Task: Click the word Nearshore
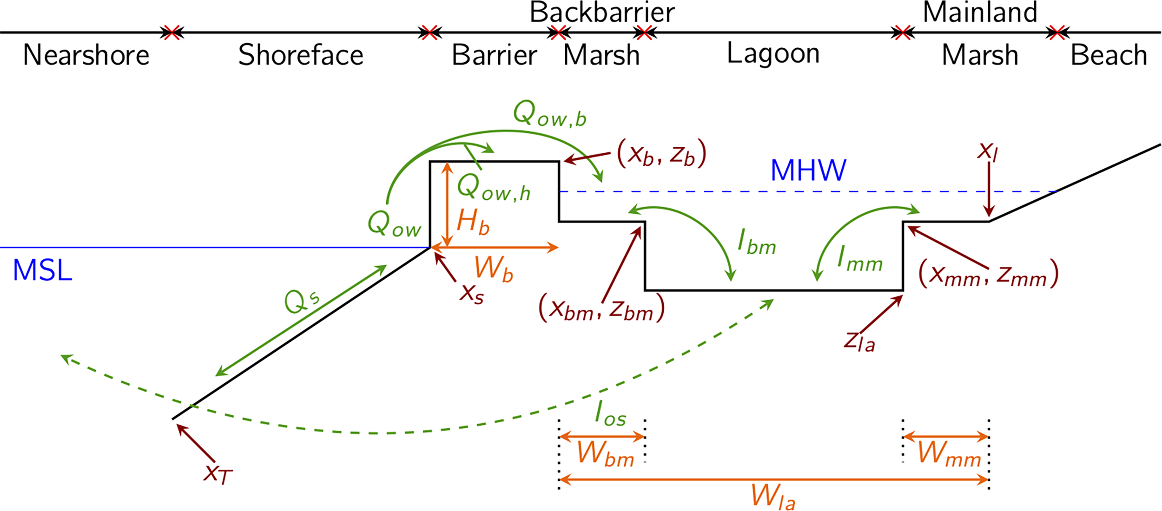[86, 55]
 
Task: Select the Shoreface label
[300, 55]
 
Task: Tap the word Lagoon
[773, 54]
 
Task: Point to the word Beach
[1109, 55]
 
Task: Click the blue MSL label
[42, 270]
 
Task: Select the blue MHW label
[808, 171]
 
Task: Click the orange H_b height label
[473, 222]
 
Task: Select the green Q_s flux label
[302, 301]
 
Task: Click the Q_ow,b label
[549, 114]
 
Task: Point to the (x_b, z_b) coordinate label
[661, 154]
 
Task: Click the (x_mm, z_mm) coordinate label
[988, 275]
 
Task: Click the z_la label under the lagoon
[859, 342]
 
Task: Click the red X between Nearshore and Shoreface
[172, 33]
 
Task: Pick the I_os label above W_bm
[610, 413]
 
